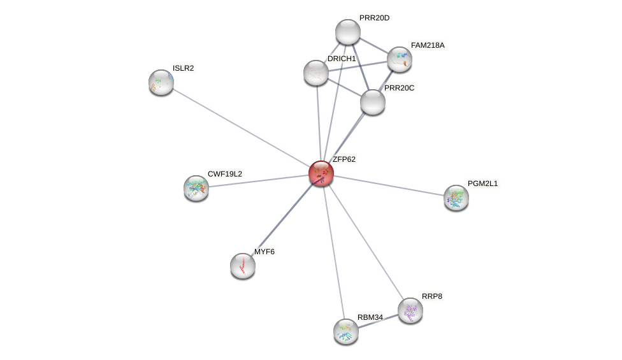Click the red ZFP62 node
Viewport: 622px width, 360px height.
click(321, 173)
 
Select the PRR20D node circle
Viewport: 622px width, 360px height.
click(348, 32)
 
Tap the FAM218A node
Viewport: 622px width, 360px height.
click(400, 59)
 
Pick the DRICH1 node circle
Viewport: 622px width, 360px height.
click(316, 73)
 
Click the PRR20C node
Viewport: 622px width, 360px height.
click(373, 102)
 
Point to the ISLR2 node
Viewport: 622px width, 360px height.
click(161, 82)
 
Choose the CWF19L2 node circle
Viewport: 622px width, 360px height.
click(196, 188)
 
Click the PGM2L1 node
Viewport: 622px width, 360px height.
click(456, 198)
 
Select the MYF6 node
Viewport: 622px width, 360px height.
click(243, 266)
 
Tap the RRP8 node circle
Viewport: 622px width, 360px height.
click(410, 310)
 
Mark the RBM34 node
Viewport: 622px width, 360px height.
click(346, 331)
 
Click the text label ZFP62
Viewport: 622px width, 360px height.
click(344, 159)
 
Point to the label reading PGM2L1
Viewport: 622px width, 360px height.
click(482, 184)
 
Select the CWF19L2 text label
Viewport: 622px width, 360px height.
click(225, 174)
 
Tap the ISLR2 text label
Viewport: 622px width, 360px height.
click(184, 68)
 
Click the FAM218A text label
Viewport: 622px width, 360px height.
click(428, 45)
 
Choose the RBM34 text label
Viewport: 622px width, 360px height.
click(370, 317)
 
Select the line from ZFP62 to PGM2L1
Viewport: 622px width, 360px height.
click(389, 185)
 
